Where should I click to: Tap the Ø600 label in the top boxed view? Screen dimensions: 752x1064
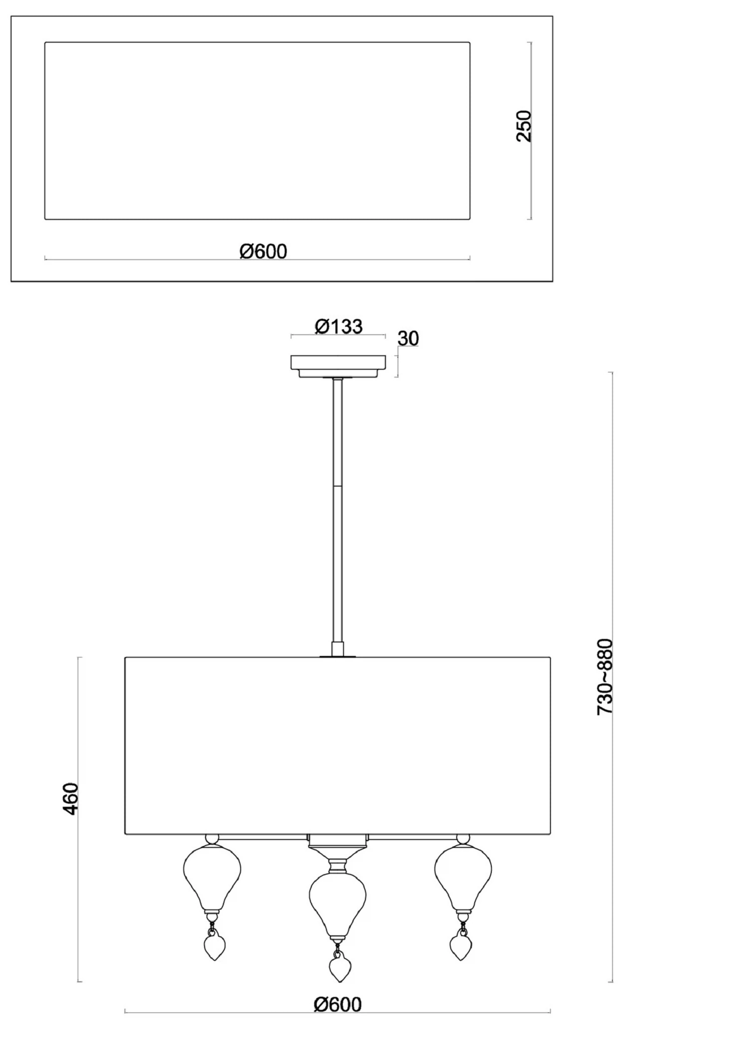point(263,251)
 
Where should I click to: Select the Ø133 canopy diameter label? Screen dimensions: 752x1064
point(338,326)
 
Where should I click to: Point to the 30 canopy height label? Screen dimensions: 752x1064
point(408,339)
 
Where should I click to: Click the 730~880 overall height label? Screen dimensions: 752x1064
point(605,677)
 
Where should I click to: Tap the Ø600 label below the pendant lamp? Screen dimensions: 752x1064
point(337,1004)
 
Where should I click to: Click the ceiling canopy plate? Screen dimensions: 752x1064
point(338,366)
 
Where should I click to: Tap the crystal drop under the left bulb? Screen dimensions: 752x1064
point(214,944)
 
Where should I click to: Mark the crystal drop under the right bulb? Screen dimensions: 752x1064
point(460,944)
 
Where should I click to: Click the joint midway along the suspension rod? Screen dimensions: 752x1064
point(337,485)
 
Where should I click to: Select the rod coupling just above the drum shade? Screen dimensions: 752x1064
point(337,649)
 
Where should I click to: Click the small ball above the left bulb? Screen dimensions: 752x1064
point(212,839)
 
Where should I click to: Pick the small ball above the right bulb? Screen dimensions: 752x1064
point(463,839)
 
